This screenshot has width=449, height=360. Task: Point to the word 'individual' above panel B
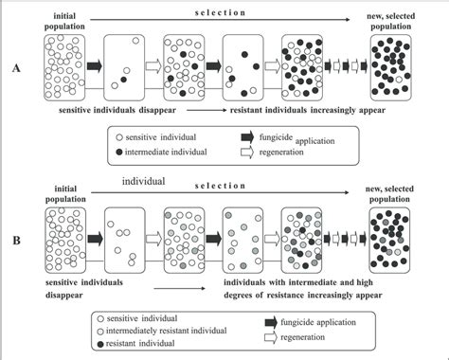pos(143,180)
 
